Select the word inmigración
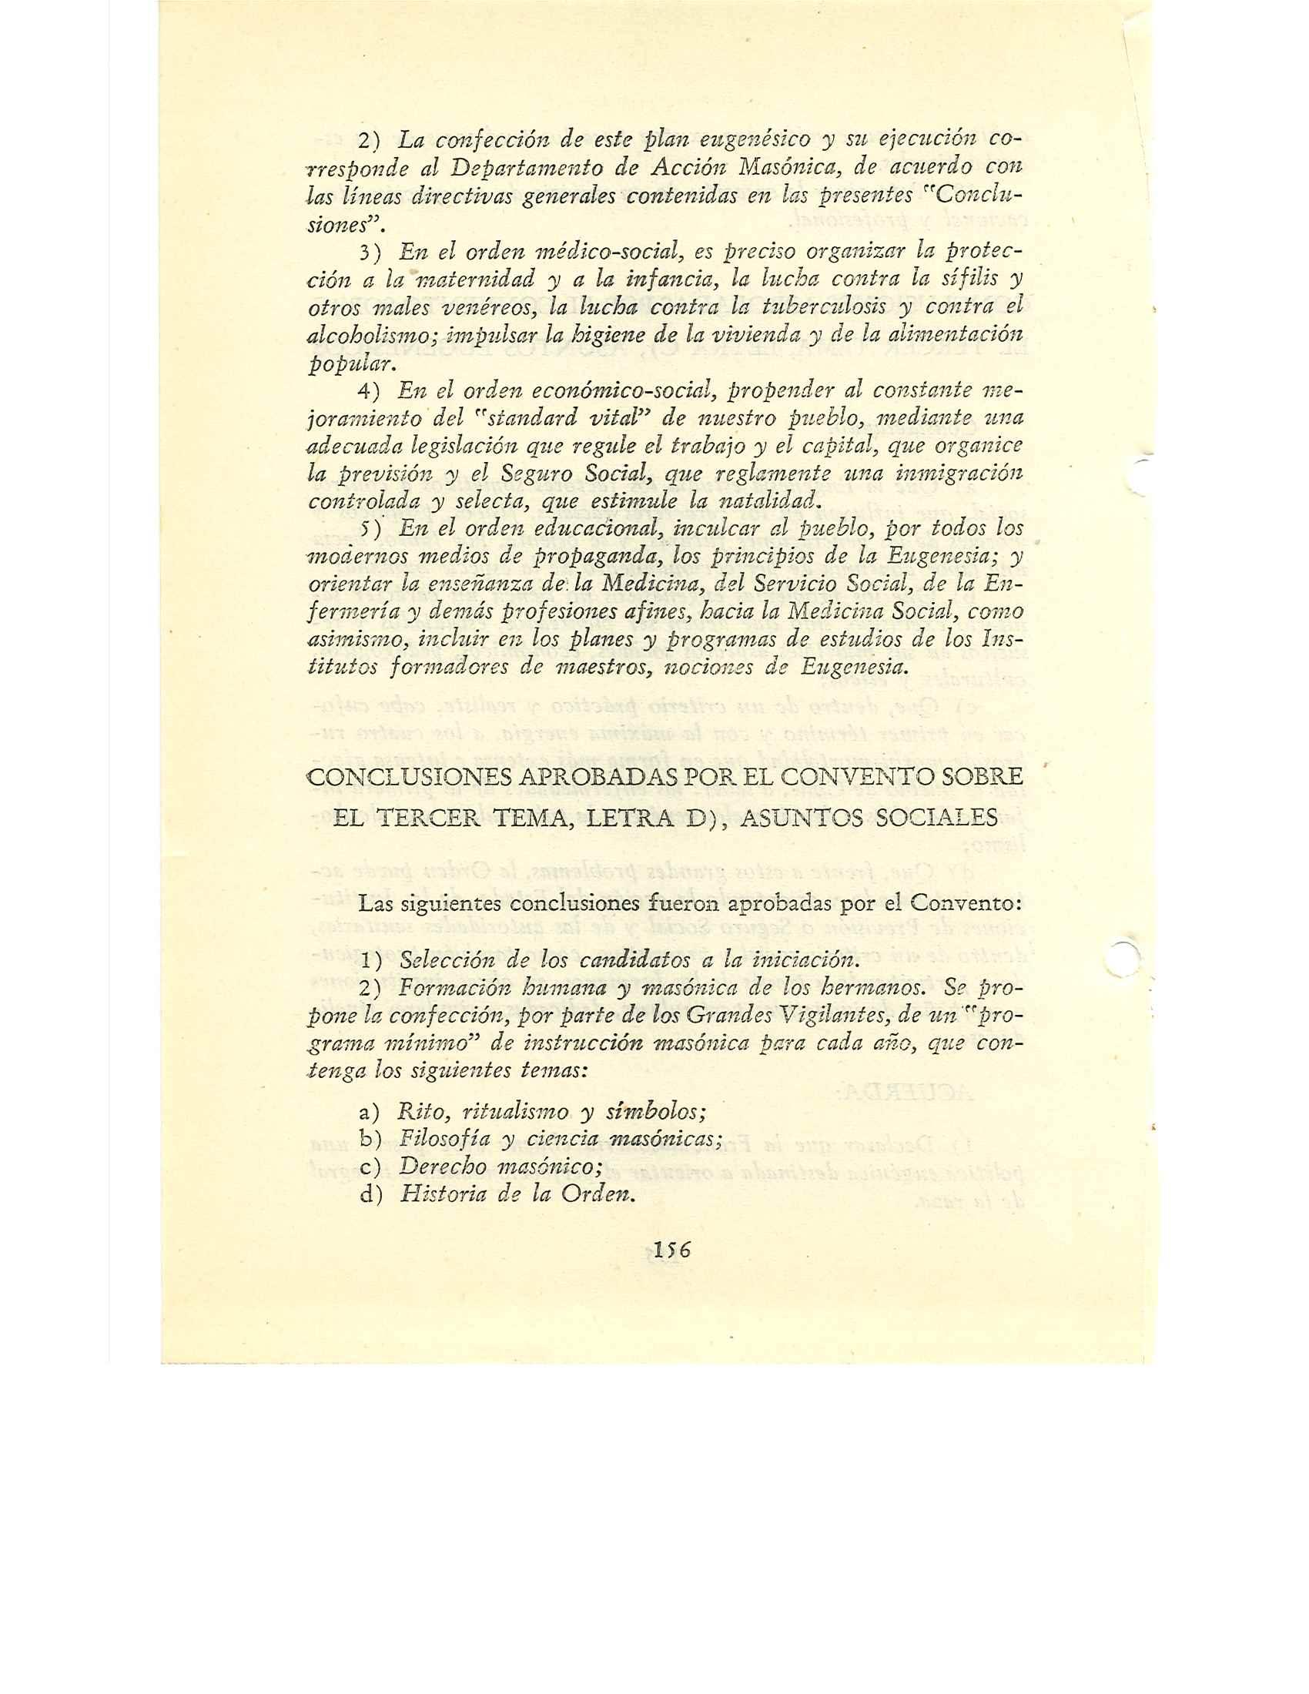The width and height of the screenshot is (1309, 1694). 961,473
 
